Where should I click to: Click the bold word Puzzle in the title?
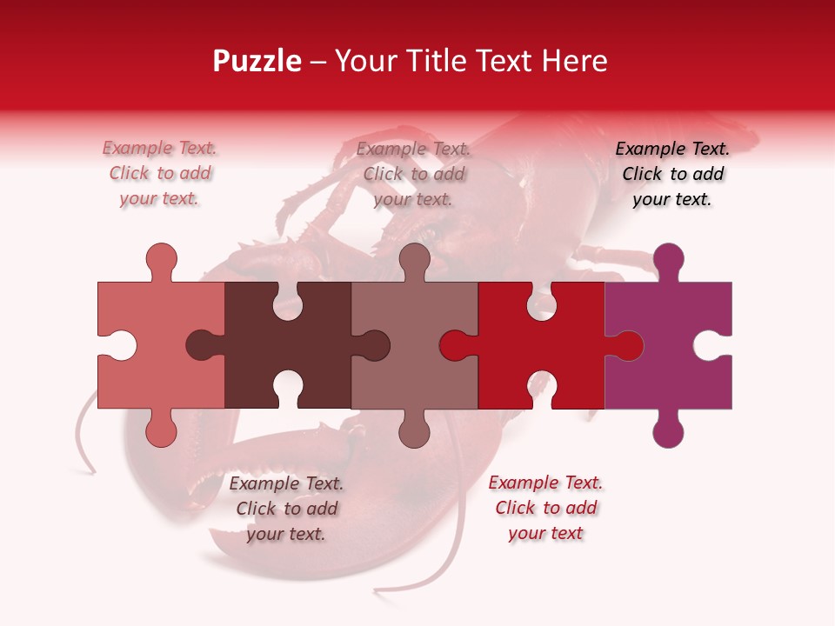(257, 61)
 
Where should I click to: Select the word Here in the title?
(574, 61)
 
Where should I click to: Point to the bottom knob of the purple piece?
(668, 430)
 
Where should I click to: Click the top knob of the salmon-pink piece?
(161, 259)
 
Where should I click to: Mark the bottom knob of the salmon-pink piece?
(161, 430)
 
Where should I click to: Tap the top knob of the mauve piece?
(414, 259)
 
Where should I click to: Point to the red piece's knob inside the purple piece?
(626, 345)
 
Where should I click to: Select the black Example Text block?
(672, 174)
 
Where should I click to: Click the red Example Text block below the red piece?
(545, 508)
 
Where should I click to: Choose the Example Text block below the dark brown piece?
(286, 509)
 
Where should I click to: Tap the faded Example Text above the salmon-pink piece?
(159, 174)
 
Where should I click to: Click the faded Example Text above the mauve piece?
(413, 174)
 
